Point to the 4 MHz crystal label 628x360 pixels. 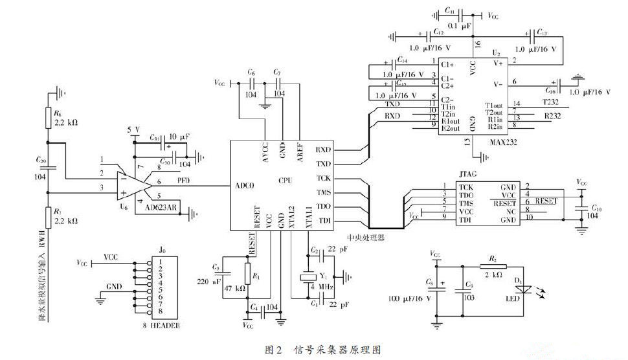[322, 287]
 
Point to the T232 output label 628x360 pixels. [552, 103]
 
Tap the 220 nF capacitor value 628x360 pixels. [210, 282]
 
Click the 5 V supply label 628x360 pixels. [133, 129]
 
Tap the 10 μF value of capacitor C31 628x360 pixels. [177, 137]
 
